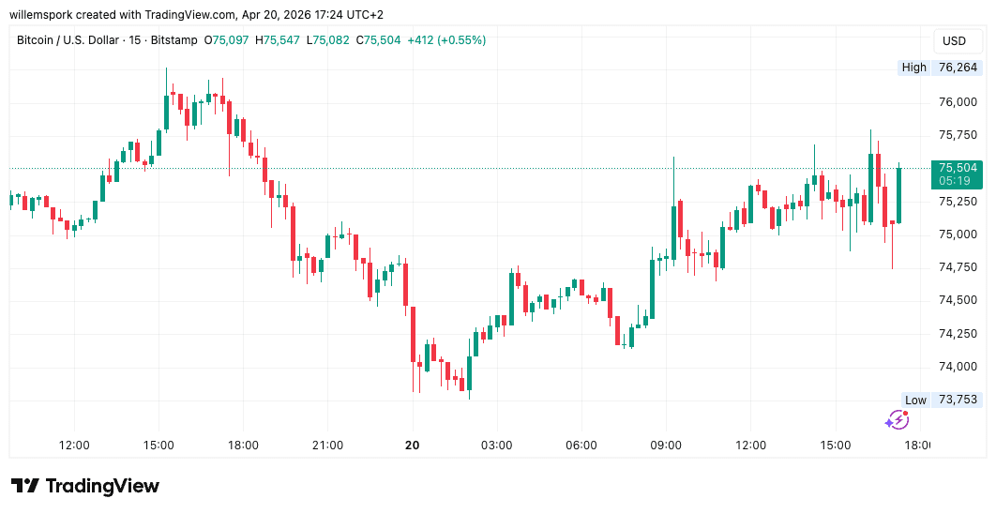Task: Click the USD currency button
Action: (x=954, y=41)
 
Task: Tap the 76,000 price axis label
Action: (x=958, y=102)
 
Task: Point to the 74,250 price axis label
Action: (x=958, y=333)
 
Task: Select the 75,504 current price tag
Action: (x=957, y=168)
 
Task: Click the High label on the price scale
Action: (x=913, y=68)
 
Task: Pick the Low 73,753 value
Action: (x=958, y=400)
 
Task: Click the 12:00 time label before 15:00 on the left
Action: (x=73, y=446)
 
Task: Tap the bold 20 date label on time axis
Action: (x=412, y=446)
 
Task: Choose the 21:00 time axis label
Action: (x=327, y=446)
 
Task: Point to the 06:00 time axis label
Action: (x=581, y=446)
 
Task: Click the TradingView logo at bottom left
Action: (x=85, y=486)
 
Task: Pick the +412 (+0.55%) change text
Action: (x=446, y=40)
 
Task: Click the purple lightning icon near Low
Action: (x=897, y=420)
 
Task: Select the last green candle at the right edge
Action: (x=898, y=194)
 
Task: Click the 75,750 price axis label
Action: (x=958, y=135)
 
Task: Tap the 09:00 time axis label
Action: (x=666, y=446)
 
